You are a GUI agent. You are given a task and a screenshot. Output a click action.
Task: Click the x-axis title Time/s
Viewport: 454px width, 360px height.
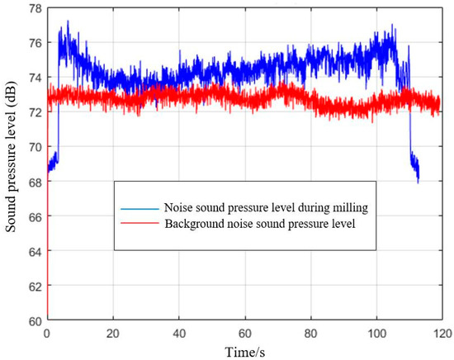(244, 350)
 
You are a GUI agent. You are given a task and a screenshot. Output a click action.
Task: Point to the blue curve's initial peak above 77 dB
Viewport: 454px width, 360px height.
(68, 22)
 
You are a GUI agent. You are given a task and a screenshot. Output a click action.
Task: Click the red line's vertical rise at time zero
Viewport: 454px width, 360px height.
(48, 248)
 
